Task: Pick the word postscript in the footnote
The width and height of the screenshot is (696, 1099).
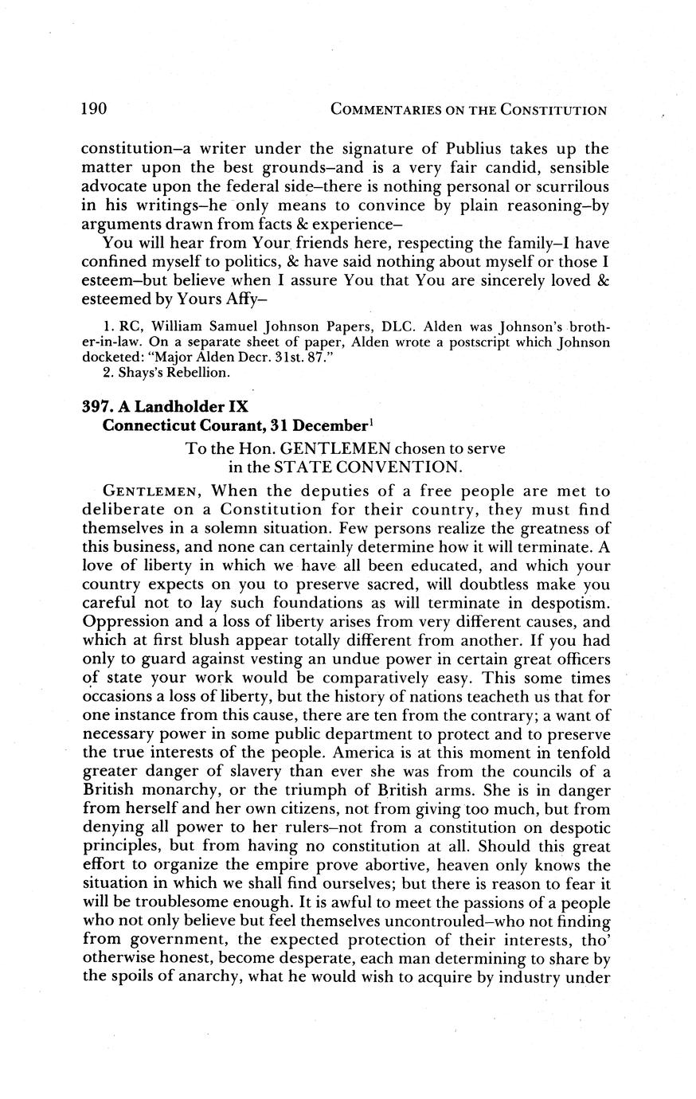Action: pyautogui.click(x=478, y=342)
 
